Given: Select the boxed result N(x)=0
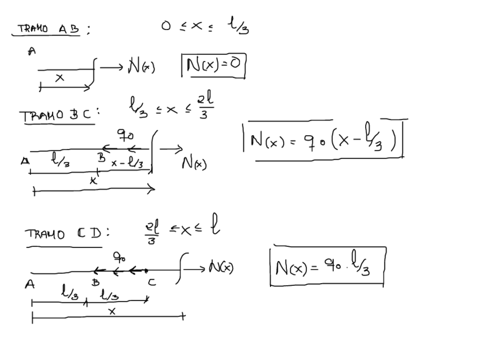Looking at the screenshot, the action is coord(213,66).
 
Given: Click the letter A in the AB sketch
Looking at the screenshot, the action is coord(32,52).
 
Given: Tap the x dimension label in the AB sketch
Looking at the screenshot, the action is coord(59,79).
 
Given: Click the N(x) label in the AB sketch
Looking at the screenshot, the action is coord(141,67).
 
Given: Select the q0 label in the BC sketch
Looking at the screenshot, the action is coord(125,136).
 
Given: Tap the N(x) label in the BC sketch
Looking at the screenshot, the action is coord(194,164).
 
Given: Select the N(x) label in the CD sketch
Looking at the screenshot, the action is coord(221,267).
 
